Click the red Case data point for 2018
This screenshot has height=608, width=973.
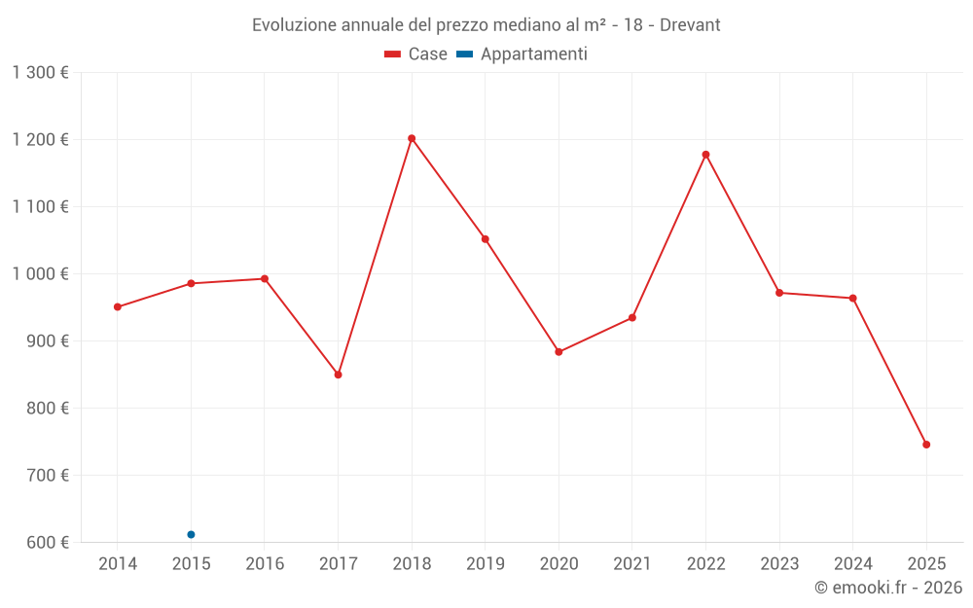(412, 138)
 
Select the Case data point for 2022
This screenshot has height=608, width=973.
(705, 155)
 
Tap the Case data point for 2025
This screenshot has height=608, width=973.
(926, 445)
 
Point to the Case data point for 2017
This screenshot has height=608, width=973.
(338, 375)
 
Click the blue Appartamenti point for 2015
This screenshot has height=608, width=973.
(191, 534)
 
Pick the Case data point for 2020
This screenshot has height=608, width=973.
(559, 352)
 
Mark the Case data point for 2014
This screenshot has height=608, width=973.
(118, 307)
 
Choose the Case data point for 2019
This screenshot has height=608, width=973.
(486, 239)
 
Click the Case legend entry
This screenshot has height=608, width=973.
(416, 54)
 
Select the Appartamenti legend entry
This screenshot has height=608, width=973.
(523, 54)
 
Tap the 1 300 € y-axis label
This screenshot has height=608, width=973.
(41, 72)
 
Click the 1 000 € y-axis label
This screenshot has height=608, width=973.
(41, 273)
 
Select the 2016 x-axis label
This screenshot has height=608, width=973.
(265, 564)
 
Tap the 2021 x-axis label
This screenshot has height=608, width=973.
(632, 564)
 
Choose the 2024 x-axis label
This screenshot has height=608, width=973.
(852, 564)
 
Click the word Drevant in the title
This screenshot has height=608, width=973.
(690, 25)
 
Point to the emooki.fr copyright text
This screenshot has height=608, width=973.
(888, 588)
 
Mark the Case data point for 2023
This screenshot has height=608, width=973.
(779, 293)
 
